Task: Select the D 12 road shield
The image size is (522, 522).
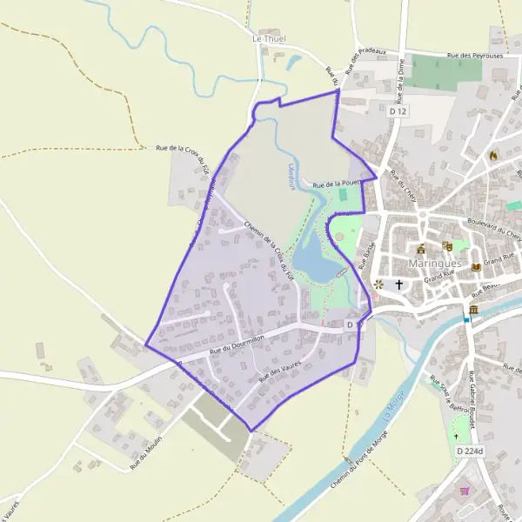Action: (398, 111)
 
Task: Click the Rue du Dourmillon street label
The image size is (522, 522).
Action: (238, 345)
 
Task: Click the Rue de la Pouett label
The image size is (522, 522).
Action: (336, 184)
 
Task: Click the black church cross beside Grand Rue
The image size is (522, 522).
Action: (400, 284)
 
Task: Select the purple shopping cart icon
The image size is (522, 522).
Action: (465, 491)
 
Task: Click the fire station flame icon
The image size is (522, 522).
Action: (493, 156)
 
